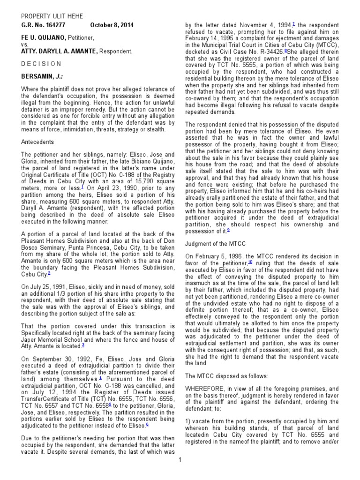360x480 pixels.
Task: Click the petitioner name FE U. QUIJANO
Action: [43, 37]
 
